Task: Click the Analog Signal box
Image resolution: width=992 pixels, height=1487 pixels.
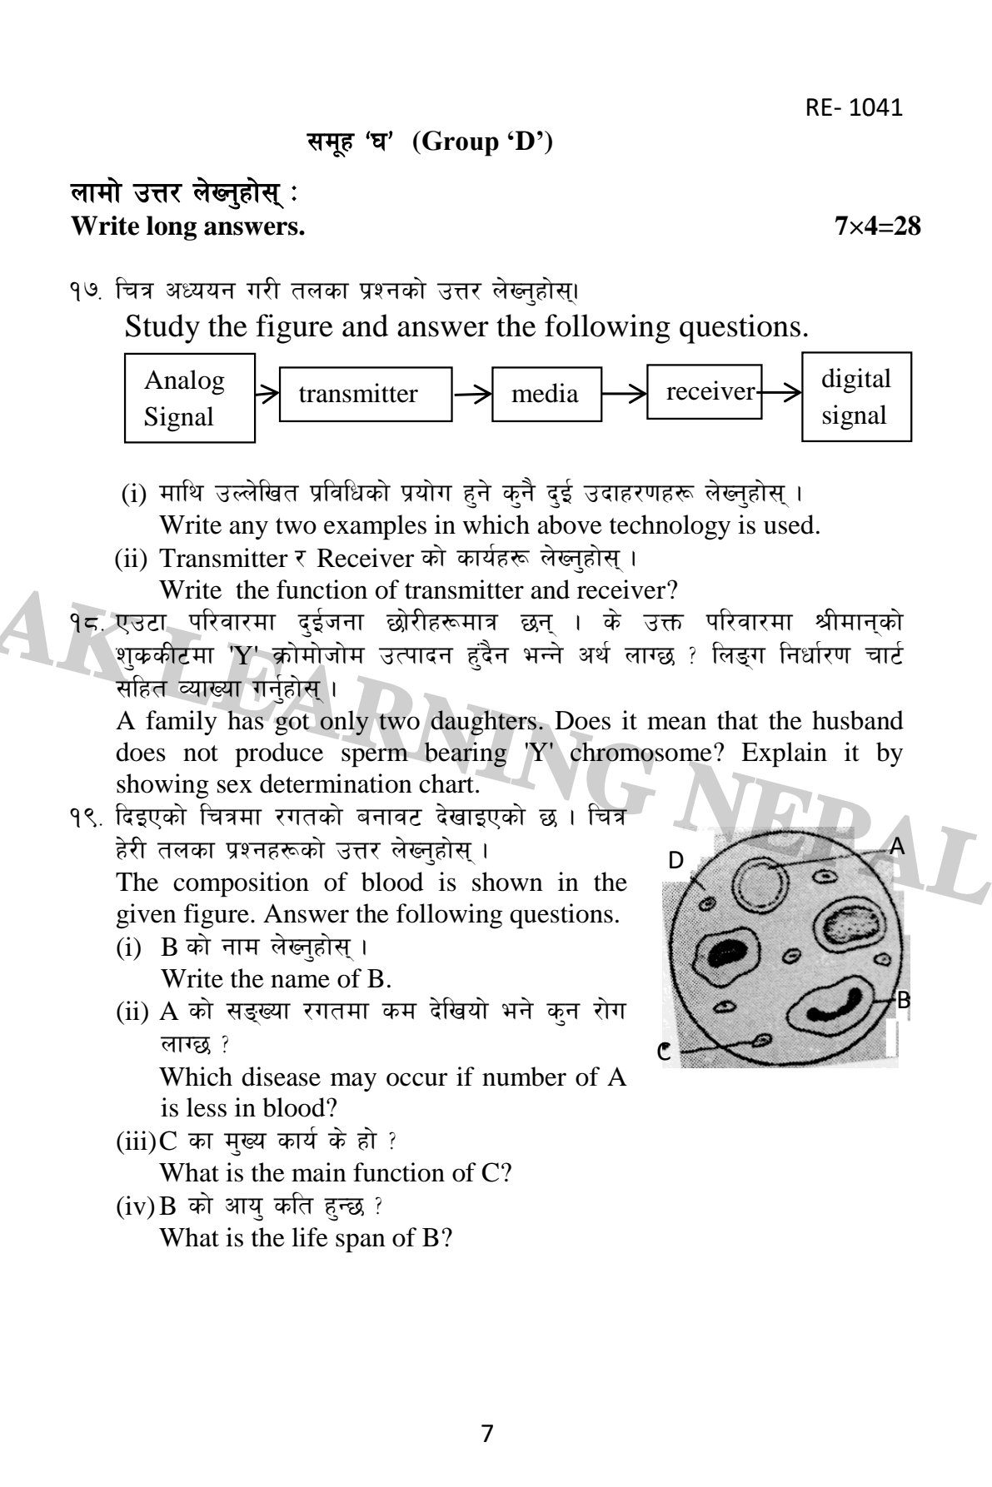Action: point(189,398)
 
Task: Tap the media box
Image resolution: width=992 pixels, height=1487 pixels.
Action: point(545,394)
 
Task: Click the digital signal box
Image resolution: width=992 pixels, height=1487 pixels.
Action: point(855,397)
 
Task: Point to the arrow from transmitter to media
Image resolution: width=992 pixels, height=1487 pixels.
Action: point(471,395)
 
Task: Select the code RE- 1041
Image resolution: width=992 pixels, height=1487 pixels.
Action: point(854,107)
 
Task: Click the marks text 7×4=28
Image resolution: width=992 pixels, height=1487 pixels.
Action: point(878,226)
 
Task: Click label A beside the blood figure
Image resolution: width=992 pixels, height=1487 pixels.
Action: point(897,847)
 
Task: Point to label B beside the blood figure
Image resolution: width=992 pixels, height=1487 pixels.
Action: point(903,1001)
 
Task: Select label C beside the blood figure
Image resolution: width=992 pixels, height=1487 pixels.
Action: point(664,1052)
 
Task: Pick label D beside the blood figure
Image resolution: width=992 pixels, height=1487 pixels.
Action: point(676,861)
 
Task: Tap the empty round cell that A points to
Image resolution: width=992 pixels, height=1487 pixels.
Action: point(763,886)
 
